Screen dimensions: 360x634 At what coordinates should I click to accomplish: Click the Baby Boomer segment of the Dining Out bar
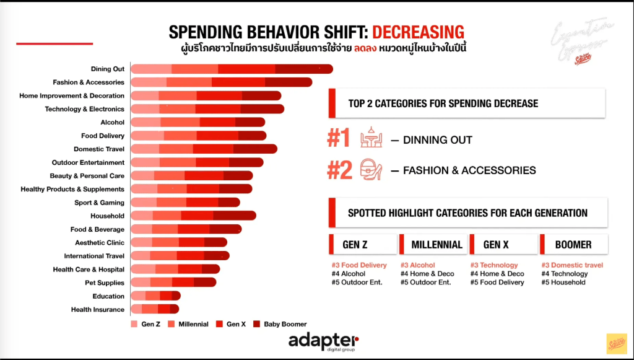coord(304,69)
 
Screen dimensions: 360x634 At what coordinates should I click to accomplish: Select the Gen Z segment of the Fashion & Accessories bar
coord(149,82)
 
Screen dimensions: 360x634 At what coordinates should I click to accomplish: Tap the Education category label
coord(108,296)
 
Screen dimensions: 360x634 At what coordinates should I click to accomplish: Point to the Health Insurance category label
coord(97,310)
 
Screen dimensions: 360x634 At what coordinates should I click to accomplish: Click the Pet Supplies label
coord(104,283)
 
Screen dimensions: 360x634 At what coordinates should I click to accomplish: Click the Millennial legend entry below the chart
coord(188,324)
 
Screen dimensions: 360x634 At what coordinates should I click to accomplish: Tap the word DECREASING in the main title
coord(418,32)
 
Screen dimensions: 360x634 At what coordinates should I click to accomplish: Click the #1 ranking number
coord(339,139)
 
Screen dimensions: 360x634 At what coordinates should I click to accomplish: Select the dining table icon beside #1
coord(371,139)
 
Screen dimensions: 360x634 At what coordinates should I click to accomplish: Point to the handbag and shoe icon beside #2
coord(371,169)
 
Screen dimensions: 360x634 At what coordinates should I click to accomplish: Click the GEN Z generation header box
coord(362,245)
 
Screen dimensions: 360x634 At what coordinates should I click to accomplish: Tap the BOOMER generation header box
coord(573,245)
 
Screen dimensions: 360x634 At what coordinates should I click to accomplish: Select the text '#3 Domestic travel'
coord(572,265)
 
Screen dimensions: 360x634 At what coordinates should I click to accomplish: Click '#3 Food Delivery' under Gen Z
coord(359,265)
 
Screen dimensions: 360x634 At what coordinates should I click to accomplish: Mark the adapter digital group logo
coord(323,341)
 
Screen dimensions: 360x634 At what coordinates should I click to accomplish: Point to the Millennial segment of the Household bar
coord(167,216)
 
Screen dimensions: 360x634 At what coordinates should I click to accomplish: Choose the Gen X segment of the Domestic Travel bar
coord(213,149)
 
